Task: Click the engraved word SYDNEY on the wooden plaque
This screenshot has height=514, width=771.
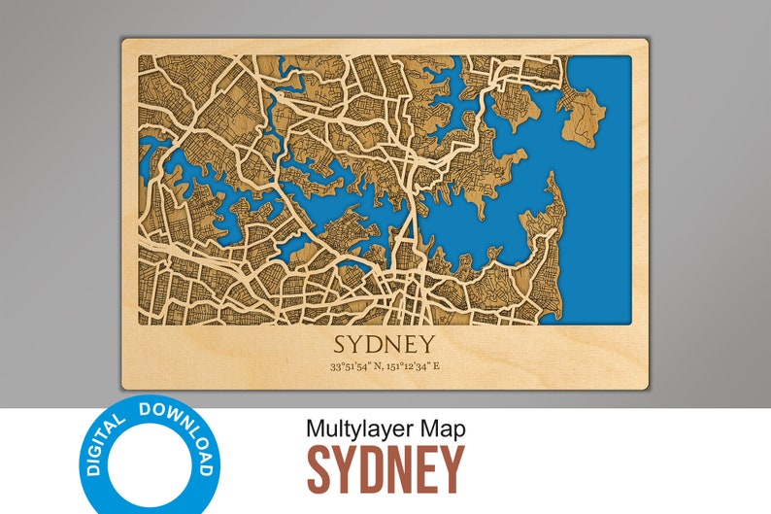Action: click(x=385, y=345)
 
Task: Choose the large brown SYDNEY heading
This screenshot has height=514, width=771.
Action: click(x=385, y=469)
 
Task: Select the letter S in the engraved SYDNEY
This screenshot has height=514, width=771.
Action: click(x=341, y=345)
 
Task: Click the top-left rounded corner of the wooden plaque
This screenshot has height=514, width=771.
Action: click(x=124, y=42)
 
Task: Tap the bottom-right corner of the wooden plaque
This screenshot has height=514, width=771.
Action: click(x=646, y=387)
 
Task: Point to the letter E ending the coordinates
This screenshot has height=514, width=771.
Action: click(x=436, y=366)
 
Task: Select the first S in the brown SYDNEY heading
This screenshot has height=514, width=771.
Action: click(x=319, y=469)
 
